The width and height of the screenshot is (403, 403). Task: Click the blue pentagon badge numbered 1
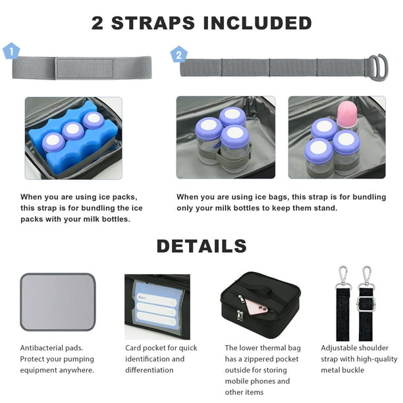coord(11,51)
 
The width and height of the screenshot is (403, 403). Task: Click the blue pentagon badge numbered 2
coord(179,55)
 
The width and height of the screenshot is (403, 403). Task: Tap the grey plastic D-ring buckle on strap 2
coord(379,68)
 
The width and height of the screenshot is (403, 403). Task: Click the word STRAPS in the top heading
coord(153,23)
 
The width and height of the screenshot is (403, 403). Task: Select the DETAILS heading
coord(201,246)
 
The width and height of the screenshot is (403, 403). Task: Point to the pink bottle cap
coord(347,113)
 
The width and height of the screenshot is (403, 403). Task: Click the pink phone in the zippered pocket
coord(257,307)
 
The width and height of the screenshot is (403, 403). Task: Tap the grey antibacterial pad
coord(58,302)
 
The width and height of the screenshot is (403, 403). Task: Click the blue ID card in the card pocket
coord(155,308)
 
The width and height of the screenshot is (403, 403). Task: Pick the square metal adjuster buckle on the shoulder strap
coord(365,304)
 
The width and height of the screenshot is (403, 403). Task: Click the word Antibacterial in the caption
coord(41,348)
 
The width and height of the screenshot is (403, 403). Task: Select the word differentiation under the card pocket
coord(149,370)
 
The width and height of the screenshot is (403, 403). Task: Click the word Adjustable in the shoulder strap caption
coord(337,348)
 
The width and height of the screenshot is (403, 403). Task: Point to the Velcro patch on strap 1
coord(84,68)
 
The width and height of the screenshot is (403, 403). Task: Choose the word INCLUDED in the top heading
coord(257,23)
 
